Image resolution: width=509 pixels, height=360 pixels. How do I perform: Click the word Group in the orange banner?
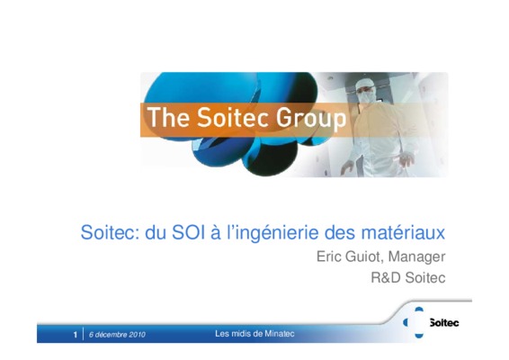click(311, 118)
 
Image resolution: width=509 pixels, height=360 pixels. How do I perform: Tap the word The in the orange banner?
click(168, 117)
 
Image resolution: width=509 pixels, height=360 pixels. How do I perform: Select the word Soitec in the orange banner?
click(233, 117)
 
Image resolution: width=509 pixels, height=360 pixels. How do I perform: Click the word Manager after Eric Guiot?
click(416, 257)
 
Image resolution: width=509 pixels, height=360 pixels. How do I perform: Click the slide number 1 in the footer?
click(76, 335)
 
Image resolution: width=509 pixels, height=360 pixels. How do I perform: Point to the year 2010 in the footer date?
click(137, 335)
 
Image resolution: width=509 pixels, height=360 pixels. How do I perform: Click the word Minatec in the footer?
click(280, 334)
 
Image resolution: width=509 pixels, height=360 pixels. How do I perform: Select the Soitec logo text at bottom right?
click(444, 322)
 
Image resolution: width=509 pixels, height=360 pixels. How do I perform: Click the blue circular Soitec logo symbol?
click(416, 322)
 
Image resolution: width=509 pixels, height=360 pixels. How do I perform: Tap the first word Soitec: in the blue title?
click(110, 232)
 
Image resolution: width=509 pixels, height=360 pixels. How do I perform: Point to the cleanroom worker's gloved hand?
click(407, 160)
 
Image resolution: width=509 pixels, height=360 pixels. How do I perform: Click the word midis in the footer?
click(238, 334)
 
